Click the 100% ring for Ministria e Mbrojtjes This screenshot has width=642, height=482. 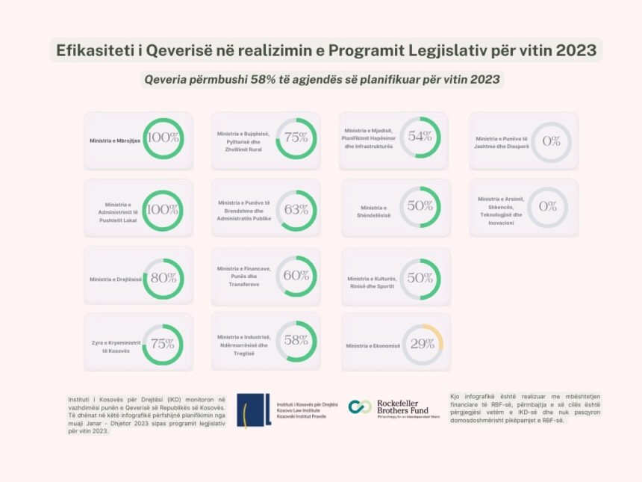[x=163, y=138]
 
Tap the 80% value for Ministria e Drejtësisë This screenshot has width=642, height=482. [x=163, y=278]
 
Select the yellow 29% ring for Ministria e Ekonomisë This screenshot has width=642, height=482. [x=423, y=344]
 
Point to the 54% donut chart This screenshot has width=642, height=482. [x=420, y=137]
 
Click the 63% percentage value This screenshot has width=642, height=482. [x=296, y=210]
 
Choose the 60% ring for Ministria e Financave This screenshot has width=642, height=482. [x=296, y=276]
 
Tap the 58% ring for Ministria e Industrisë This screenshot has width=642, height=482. [x=296, y=341]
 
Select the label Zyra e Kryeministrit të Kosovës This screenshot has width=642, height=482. [x=110, y=347]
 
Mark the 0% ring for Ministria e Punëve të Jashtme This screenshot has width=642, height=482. [x=551, y=141]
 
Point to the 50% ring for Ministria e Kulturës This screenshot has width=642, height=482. [x=420, y=278]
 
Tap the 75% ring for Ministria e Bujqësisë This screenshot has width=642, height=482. [x=296, y=138]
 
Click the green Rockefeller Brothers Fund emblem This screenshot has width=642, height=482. [x=361, y=407]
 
